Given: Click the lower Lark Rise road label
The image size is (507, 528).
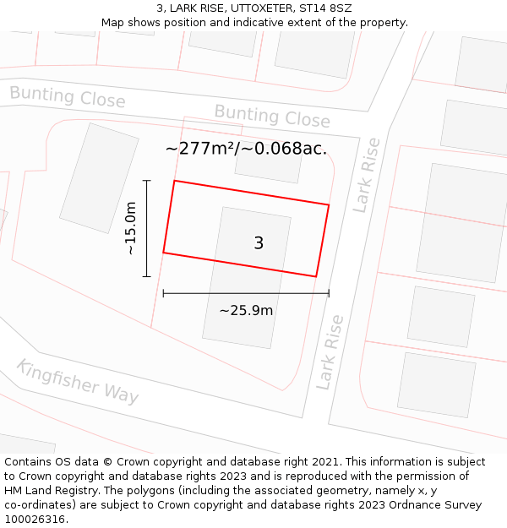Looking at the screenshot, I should [330, 351].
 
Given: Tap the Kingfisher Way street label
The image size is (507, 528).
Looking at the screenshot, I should [77, 381].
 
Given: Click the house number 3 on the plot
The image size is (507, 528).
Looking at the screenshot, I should [259, 243].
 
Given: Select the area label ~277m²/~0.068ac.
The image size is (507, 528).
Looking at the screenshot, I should [246, 150].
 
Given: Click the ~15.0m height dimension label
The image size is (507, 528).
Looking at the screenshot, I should [130, 228].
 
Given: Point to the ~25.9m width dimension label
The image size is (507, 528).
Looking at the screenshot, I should [246, 310].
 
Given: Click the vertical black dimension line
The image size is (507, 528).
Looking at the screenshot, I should [147, 228].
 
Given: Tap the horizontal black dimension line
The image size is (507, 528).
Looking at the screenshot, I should [246, 293].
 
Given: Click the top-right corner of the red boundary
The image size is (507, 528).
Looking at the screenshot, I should [329, 204].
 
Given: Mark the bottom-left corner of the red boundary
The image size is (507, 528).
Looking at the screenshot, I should [163, 253].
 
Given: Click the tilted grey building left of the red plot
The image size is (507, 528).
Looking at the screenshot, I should [99, 178].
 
